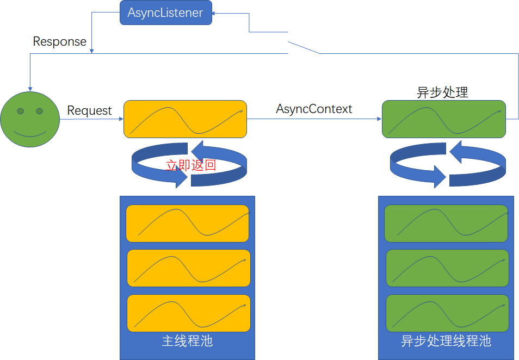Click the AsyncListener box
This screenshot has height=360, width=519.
pos(165,13)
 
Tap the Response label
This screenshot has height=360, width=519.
pos(59,41)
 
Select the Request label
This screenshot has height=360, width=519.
pos(89,110)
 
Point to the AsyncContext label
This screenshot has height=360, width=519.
pos(314,109)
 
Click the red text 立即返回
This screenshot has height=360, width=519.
pos(191,165)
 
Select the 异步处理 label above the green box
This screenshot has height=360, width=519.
pos(442,92)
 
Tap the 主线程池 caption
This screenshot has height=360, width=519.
pos(187,341)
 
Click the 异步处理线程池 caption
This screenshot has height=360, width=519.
pos(446,341)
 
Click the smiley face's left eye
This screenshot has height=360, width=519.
pos(20,111)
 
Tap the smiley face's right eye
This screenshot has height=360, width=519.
pos(39,111)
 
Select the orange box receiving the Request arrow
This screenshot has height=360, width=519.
pos(185,119)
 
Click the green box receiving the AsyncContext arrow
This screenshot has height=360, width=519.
pos(443,119)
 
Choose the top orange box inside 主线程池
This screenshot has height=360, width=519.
pos(187,224)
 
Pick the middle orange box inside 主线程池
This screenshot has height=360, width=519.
pos(188,268)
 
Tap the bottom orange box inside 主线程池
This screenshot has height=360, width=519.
pos(188,313)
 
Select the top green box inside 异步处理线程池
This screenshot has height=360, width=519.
pos(446,224)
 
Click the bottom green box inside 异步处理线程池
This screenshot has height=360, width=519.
pos(447,313)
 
